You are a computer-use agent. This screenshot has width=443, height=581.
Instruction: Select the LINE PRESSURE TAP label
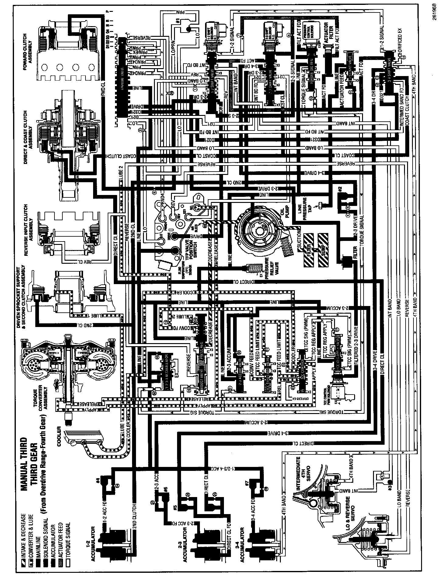coord(306,207)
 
